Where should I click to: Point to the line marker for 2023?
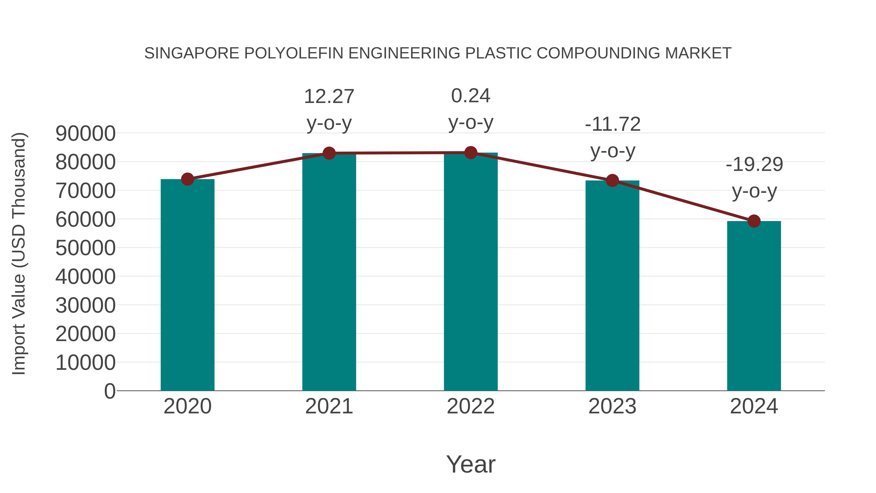click(x=612, y=181)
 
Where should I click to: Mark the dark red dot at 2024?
click(x=754, y=221)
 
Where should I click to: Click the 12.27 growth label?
click(x=329, y=97)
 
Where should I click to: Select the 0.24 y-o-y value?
click(x=471, y=96)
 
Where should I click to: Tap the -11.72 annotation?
click(x=612, y=124)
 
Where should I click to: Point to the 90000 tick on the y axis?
click(x=85, y=134)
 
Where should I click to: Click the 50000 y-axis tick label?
click(x=85, y=248)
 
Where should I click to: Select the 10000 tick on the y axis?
click(x=85, y=363)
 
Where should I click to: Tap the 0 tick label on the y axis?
click(x=109, y=391)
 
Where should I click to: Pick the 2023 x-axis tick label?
click(x=612, y=406)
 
